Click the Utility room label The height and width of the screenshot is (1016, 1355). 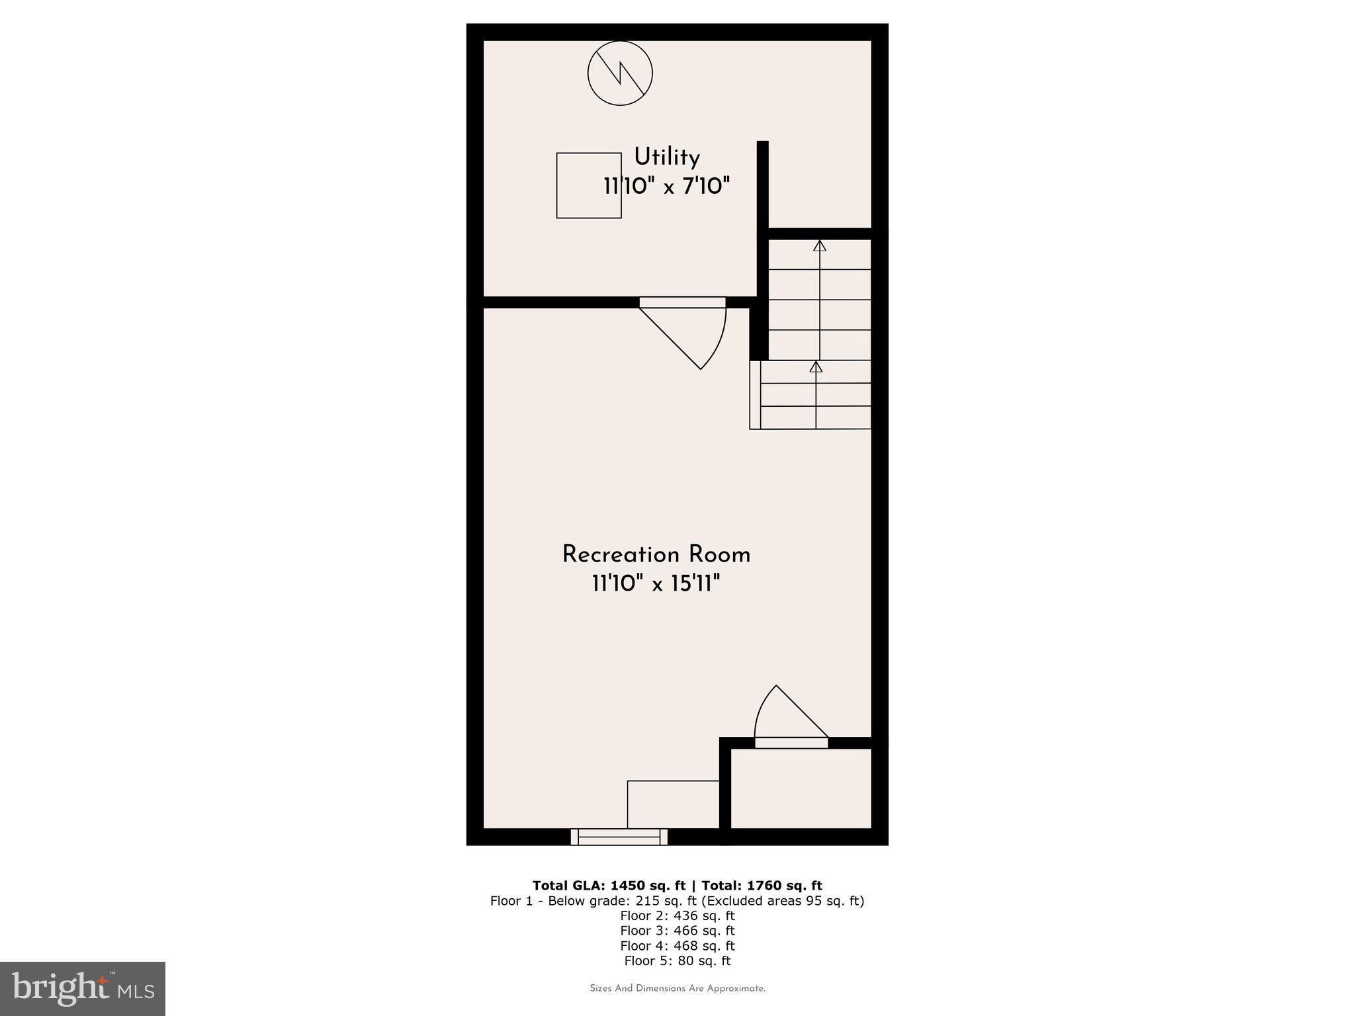(666, 157)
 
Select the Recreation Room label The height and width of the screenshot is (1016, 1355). (656, 554)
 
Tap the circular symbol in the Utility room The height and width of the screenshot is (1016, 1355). (620, 73)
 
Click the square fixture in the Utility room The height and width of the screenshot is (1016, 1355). (589, 185)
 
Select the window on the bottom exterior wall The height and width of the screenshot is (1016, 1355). (619, 837)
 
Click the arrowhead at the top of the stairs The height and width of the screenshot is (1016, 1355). (820, 245)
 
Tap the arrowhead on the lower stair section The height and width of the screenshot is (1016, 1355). (816, 366)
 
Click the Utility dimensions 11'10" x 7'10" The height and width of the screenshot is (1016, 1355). (666, 187)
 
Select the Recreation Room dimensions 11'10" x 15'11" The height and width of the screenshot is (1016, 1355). (656, 583)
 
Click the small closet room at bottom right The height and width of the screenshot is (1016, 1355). (800, 788)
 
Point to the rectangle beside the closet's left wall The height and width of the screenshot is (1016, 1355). (673, 804)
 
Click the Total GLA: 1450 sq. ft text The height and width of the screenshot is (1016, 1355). (609, 886)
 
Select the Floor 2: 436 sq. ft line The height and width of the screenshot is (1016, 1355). (677, 916)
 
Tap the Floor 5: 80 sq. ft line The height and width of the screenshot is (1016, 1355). (677, 961)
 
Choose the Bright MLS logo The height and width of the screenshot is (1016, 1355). (83, 989)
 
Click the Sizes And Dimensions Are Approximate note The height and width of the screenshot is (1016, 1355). (677, 989)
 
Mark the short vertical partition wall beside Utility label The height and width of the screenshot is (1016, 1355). (762, 185)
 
